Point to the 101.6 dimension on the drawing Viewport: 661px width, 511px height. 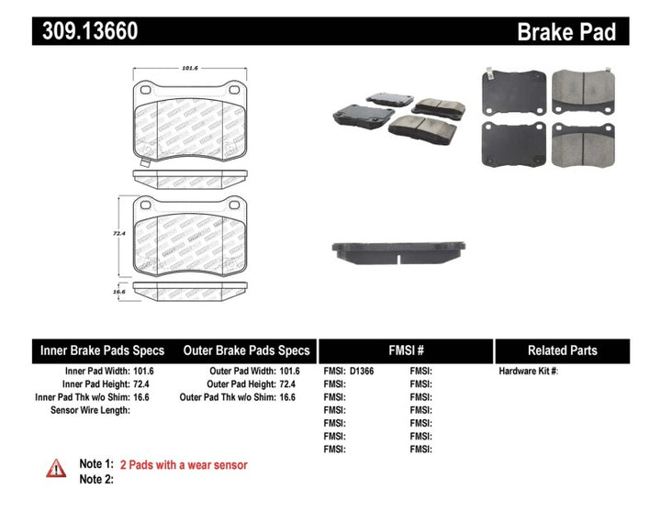click(190, 67)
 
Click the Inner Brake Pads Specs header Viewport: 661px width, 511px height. click(102, 350)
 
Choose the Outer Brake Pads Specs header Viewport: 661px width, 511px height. click(247, 350)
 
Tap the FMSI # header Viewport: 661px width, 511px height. click(406, 350)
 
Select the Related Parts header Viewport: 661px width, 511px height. click(562, 350)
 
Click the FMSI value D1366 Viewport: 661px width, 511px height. click(362, 372)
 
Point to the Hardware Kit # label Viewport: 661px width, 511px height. click(528, 372)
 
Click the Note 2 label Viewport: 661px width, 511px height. click(96, 479)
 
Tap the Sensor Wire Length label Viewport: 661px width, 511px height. click(90, 410)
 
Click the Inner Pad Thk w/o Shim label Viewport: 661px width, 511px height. click(78, 397)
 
